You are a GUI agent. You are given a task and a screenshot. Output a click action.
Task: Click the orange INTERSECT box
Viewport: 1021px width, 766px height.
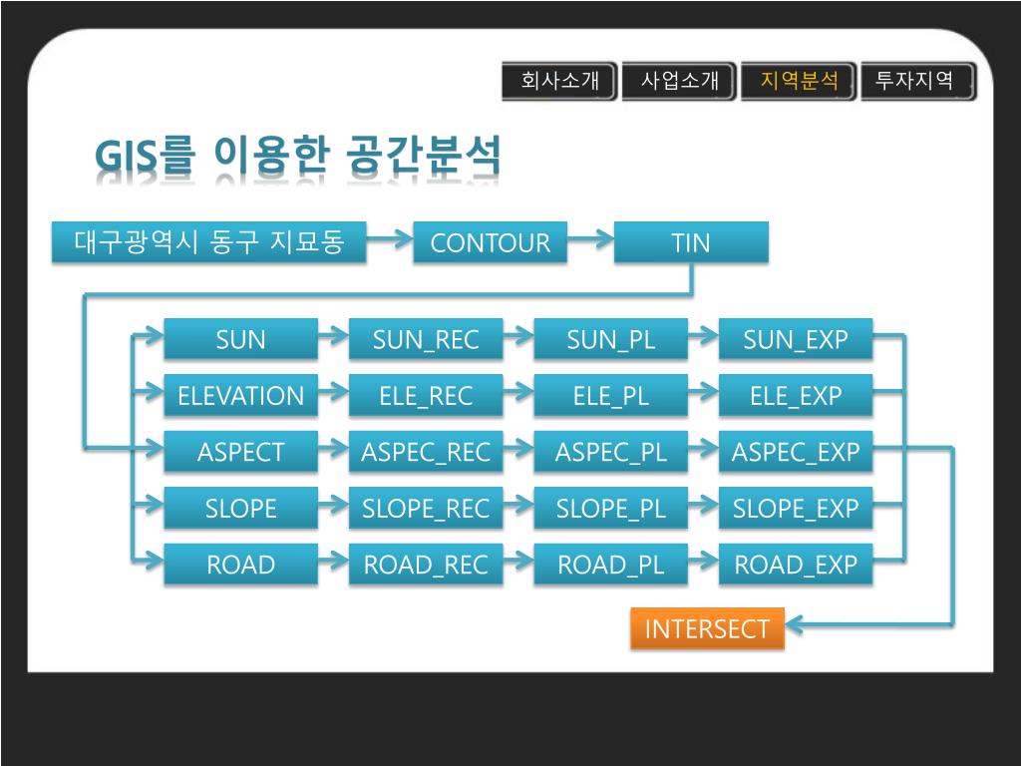click(707, 628)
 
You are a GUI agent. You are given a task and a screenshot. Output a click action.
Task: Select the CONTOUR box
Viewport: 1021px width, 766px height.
click(490, 242)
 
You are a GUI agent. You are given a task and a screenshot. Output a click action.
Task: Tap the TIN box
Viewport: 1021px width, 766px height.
click(691, 242)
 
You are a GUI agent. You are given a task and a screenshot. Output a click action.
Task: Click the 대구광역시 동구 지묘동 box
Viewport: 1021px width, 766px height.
click(209, 242)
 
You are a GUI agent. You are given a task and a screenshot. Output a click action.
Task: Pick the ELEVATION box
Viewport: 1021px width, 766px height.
click(240, 396)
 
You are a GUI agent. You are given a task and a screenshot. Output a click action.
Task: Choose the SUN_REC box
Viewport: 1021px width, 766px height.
click(426, 339)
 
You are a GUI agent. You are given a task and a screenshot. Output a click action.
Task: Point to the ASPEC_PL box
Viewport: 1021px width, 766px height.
click(610, 453)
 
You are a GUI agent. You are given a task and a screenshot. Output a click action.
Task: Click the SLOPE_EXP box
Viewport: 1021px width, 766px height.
click(795, 509)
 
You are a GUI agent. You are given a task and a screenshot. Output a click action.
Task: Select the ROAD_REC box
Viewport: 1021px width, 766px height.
click(426, 566)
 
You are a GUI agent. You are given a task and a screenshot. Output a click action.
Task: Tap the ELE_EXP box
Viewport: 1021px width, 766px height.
click(795, 396)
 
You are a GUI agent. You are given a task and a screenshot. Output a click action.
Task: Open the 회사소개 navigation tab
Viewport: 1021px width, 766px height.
click(559, 81)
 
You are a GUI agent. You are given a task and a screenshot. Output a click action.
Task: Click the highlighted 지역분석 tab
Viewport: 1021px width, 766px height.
click(799, 81)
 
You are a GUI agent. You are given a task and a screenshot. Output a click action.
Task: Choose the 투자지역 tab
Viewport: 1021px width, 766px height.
click(916, 81)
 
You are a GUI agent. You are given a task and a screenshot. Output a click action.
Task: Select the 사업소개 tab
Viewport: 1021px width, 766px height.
click(679, 81)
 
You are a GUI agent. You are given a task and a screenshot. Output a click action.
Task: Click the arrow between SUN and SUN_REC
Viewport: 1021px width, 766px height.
click(333, 337)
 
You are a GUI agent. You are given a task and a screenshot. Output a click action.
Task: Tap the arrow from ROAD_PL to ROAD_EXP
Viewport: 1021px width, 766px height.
click(703, 564)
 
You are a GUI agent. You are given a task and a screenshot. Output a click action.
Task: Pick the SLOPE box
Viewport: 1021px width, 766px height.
click(240, 509)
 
